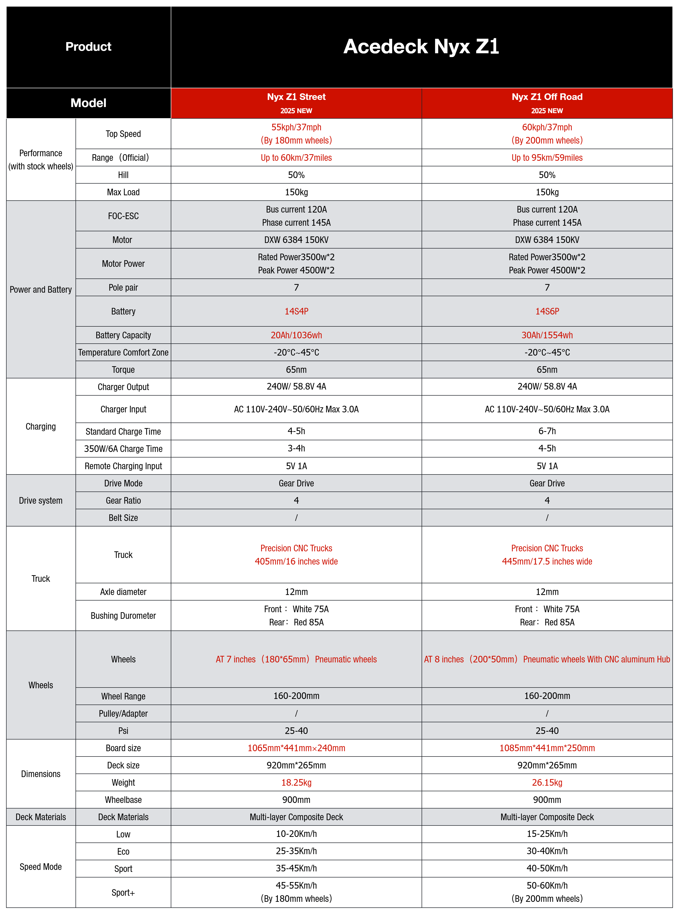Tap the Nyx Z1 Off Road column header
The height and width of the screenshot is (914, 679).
point(547,97)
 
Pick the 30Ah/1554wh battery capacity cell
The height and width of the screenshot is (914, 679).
point(547,335)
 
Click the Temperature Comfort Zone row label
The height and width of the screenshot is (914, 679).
point(123,353)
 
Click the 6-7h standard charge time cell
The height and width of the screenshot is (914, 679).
point(547,431)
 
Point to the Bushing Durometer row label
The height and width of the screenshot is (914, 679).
point(123,616)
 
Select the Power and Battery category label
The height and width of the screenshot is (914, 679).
point(41,290)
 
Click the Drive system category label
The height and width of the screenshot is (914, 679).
point(41,501)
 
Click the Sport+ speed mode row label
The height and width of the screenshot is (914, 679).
point(123,893)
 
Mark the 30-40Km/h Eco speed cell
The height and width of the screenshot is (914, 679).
point(547,851)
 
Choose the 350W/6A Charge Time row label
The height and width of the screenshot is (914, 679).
point(123,449)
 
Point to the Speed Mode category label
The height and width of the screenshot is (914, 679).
point(41,867)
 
